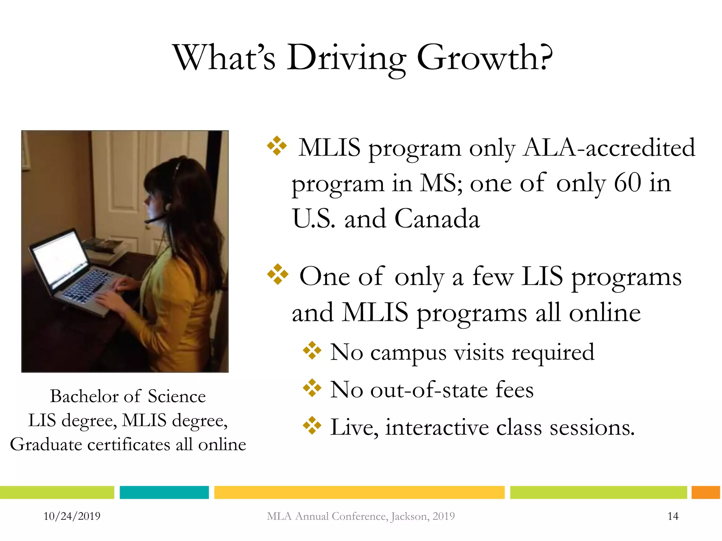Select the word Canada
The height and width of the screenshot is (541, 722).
pos(437,219)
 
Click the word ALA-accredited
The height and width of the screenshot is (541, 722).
pos(609,148)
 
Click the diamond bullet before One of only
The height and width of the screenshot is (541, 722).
pos(277,274)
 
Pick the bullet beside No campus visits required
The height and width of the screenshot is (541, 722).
pos(312,350)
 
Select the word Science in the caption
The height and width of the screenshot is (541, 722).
pos(177,396)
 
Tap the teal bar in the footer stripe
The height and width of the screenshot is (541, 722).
pos(164,492)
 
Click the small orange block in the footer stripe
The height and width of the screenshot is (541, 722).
pos(705,492)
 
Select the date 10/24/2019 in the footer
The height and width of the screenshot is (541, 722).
pos(72,516)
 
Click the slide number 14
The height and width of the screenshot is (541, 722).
pos(673,516)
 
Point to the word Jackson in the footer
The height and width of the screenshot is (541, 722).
pos(410,516)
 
